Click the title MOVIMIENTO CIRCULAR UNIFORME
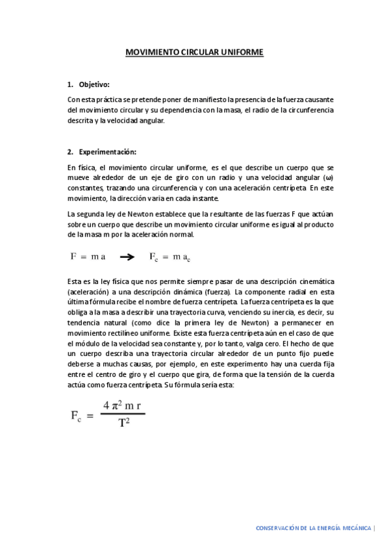194,53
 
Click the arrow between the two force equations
127,257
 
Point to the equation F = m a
88,256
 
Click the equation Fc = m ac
170,257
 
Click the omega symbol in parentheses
328,177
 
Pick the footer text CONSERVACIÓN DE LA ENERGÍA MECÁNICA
314,528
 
